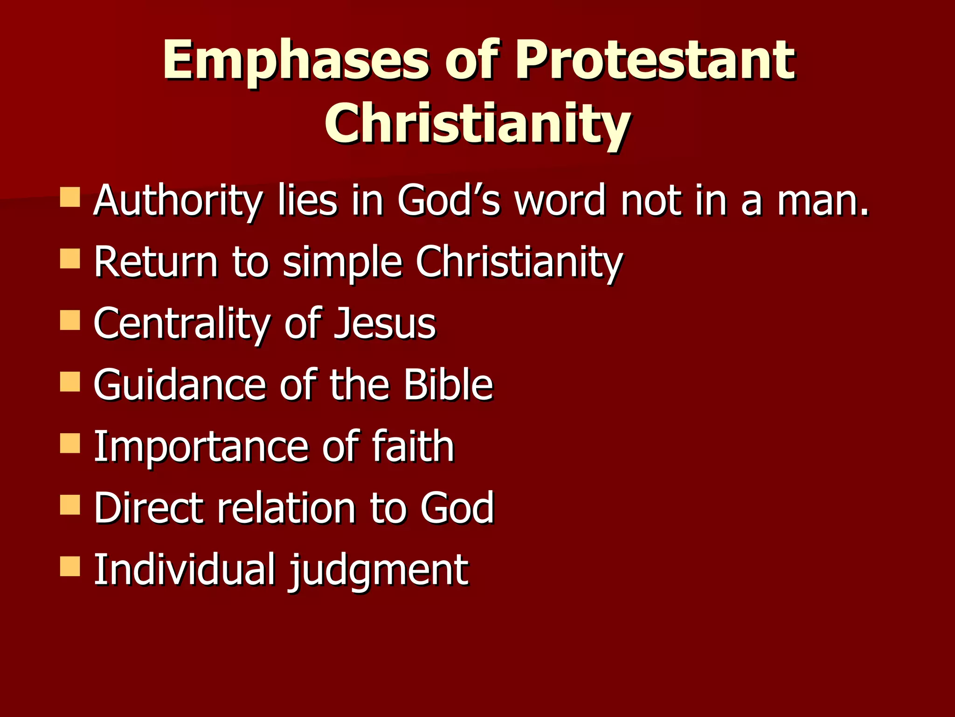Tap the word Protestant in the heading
(655, 61)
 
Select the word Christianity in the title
(477, 124)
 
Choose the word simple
(342, 262)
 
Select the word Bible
(448, 385)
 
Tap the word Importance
(201, 447)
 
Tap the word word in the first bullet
(559, 201)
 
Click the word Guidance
(180, 385)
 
